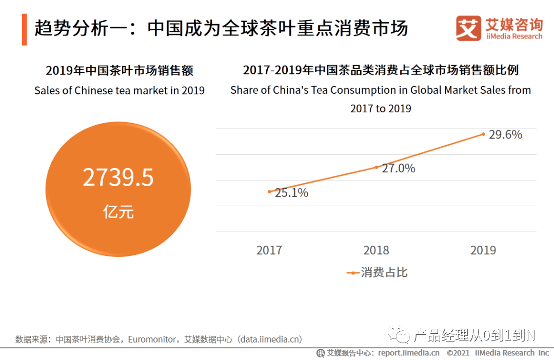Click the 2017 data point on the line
[x=269, y=192]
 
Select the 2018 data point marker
[x=376, y=167]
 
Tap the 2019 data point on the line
[x=483, y=134]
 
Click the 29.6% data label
[x=506, y=135]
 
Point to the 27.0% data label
[x=399, y=168]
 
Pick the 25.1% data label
[x=291, y=193]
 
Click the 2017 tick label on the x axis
[x=269, y=250]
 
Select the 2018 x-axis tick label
[x=376, y=250]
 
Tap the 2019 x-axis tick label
[x=483, y=250]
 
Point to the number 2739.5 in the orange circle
[x=118, y=178]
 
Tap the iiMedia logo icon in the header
[x=468, y=29]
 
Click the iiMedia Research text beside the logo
[x=513, y=36]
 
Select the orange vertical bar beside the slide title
[x=24, y=30]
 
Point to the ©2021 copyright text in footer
[x=459, y=353]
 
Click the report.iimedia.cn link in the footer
[x=409, y=353]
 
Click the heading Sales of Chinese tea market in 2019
[x=120, y=91]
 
